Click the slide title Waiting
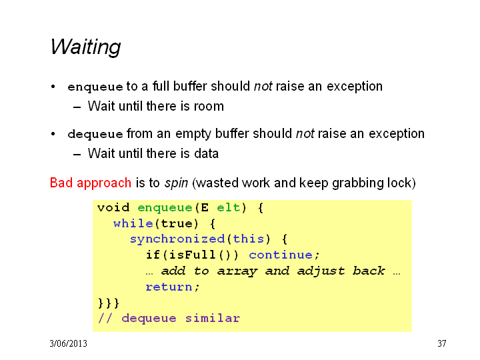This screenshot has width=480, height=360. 85,47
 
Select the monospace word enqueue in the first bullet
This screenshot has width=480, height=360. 95,87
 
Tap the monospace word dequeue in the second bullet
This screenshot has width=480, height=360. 95,135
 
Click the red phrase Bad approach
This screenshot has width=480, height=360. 91,183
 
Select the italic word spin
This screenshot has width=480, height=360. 176,183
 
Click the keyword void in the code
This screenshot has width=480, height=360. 113,207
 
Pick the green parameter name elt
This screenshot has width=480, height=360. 229,207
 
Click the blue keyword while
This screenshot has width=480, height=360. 133,223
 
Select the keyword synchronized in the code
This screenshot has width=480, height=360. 177,239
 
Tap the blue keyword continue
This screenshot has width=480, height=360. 281,255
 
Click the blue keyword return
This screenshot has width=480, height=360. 169,287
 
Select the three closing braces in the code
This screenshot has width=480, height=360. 109,303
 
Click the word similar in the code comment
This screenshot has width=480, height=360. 213,319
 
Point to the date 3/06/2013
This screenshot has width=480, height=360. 68,343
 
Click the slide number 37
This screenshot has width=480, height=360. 442,343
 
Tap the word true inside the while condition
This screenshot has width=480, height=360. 177,223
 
